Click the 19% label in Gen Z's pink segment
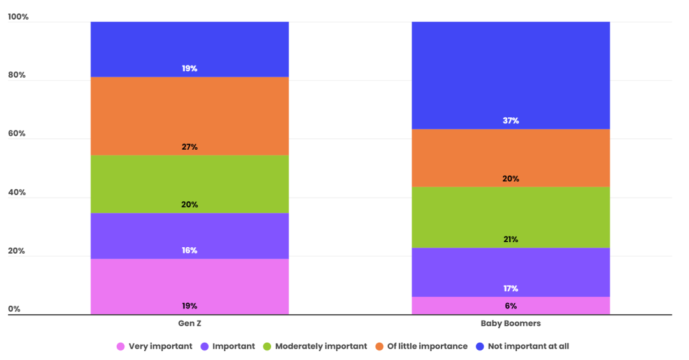[x=189, y=306]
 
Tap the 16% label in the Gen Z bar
[x=189, y=250]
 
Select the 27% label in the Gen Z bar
[x=189, y=147]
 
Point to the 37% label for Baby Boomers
[x=510, y=120]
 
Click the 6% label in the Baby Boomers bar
[x=510, y=306]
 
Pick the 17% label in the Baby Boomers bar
[x=510, y=288]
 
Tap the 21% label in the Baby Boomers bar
[x=510, y=240]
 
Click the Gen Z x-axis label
[x=189, y=323]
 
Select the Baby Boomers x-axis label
[x=510, y=323]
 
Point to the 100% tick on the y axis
[x=18, y=17]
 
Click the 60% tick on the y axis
[x=17, y=134]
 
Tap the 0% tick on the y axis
[x=14, y=309]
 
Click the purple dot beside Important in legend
[x=205, y=346]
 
